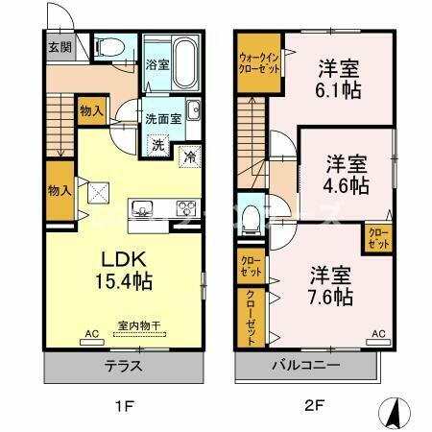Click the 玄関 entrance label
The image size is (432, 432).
click(x=60, y=46)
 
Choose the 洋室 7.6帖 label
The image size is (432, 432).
click(x=329, y=285)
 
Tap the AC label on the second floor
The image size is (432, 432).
click(x=378, y=333)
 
